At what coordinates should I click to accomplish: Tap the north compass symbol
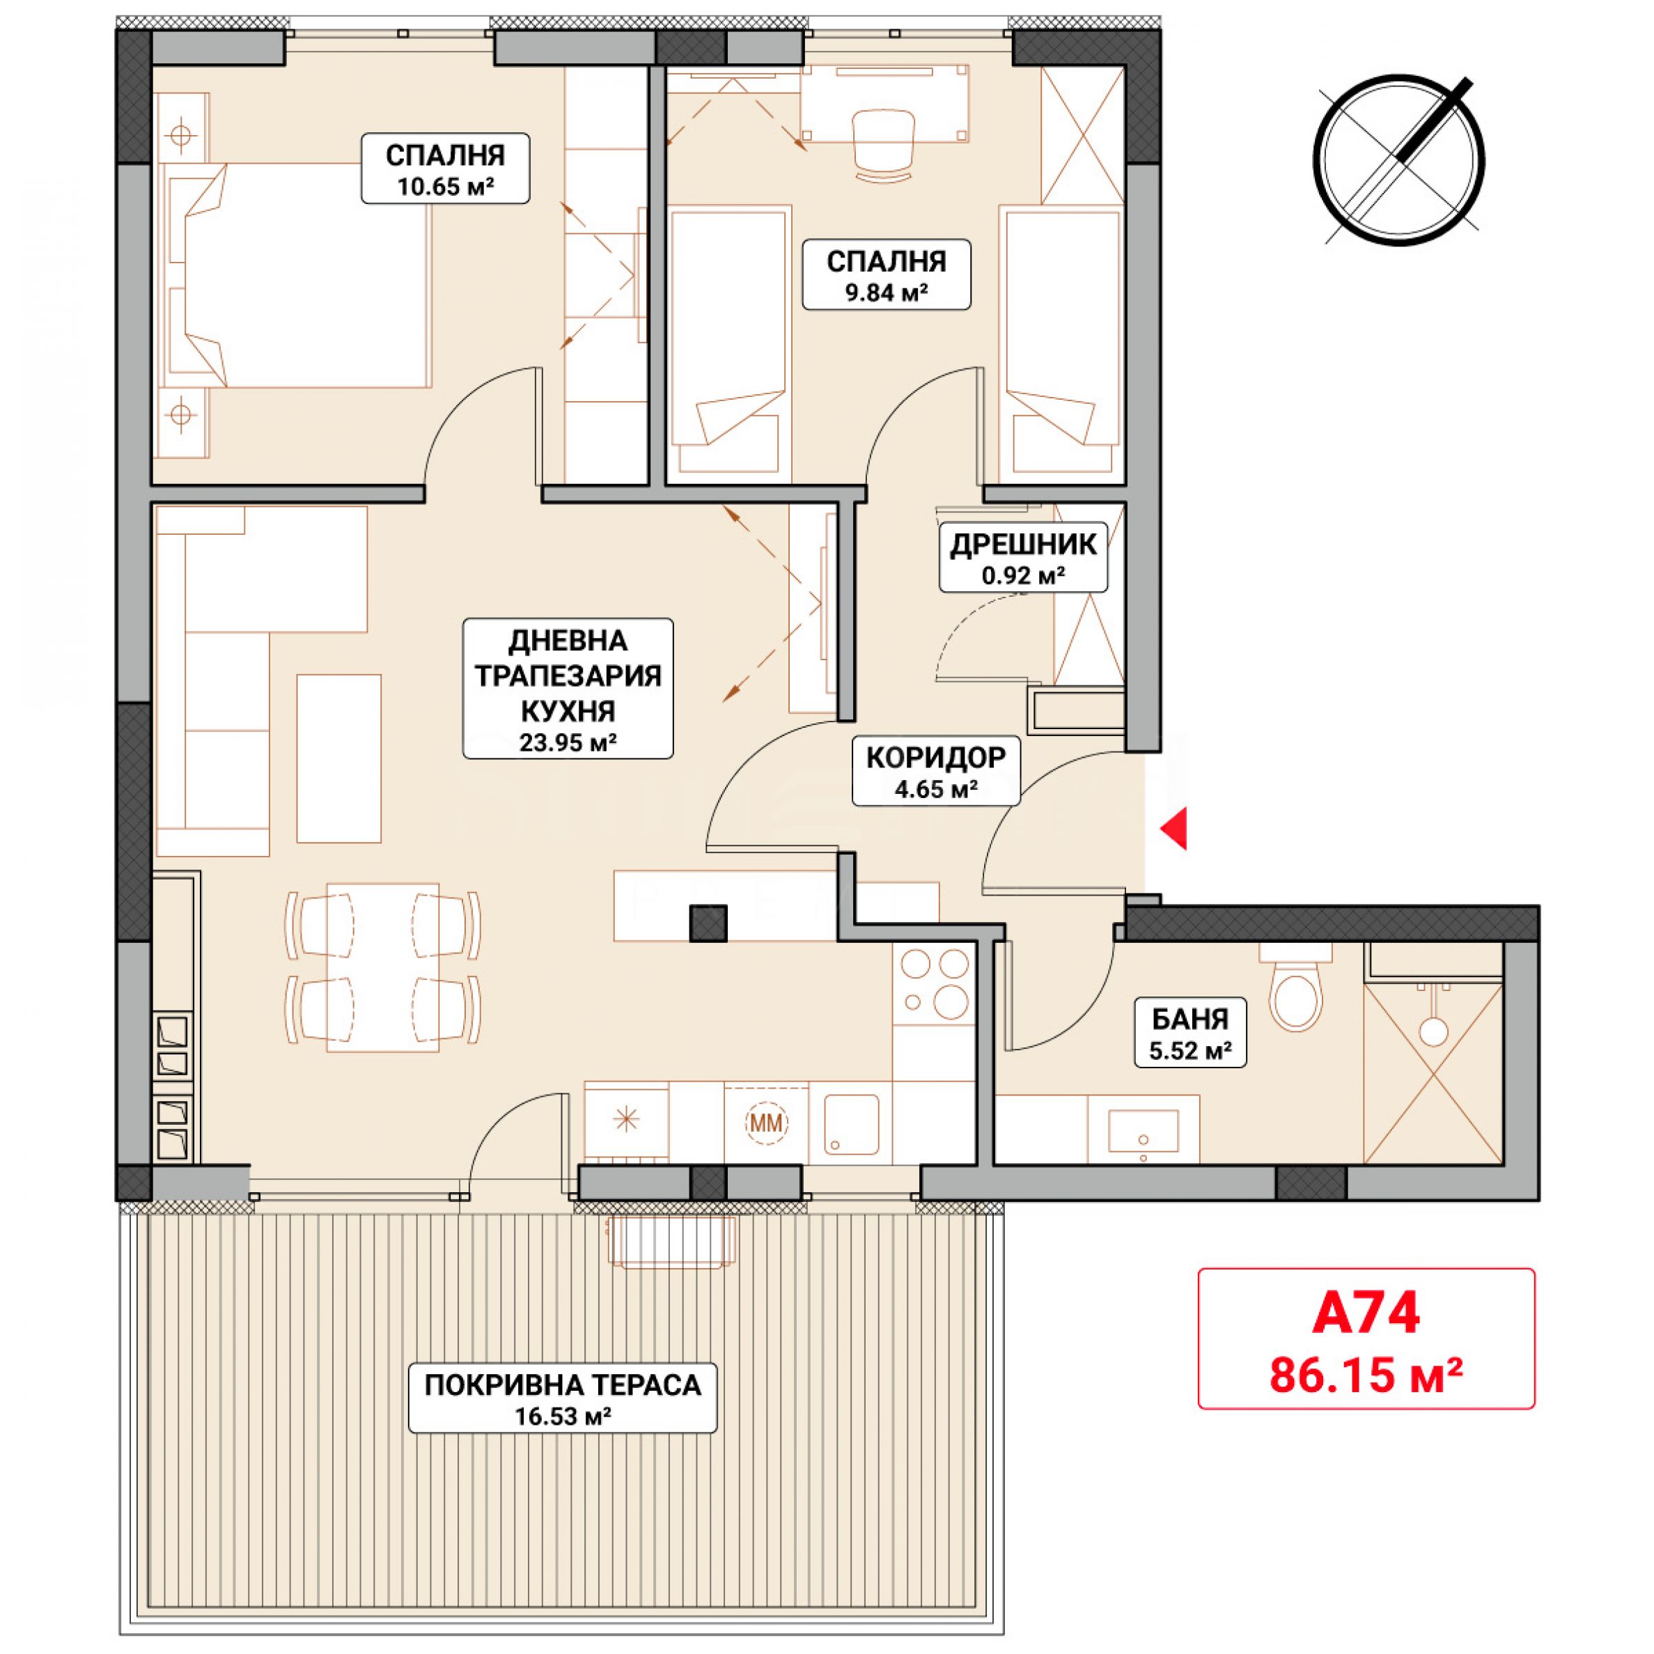click(1399, 161)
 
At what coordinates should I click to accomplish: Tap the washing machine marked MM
click(766, 1123)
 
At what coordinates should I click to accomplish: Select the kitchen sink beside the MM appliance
click(851, 1123)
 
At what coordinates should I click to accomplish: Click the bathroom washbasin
click(1143, 1130)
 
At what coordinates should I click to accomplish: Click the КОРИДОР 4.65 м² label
click(936, 770)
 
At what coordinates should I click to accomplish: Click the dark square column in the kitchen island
click(709, 923)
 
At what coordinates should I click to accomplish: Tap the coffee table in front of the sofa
click(338, 758)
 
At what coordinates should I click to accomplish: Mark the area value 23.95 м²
click(568, 742)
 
